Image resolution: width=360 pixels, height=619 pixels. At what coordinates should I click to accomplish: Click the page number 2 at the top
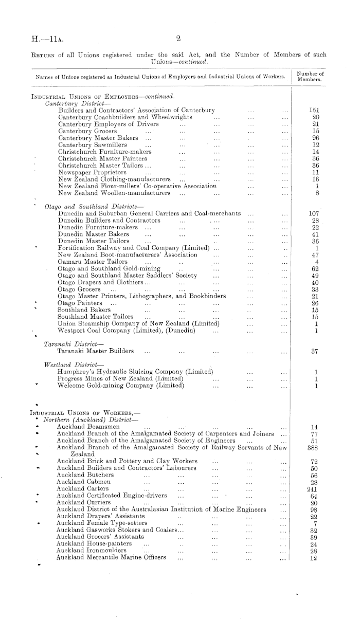click(x=176, y=38)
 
